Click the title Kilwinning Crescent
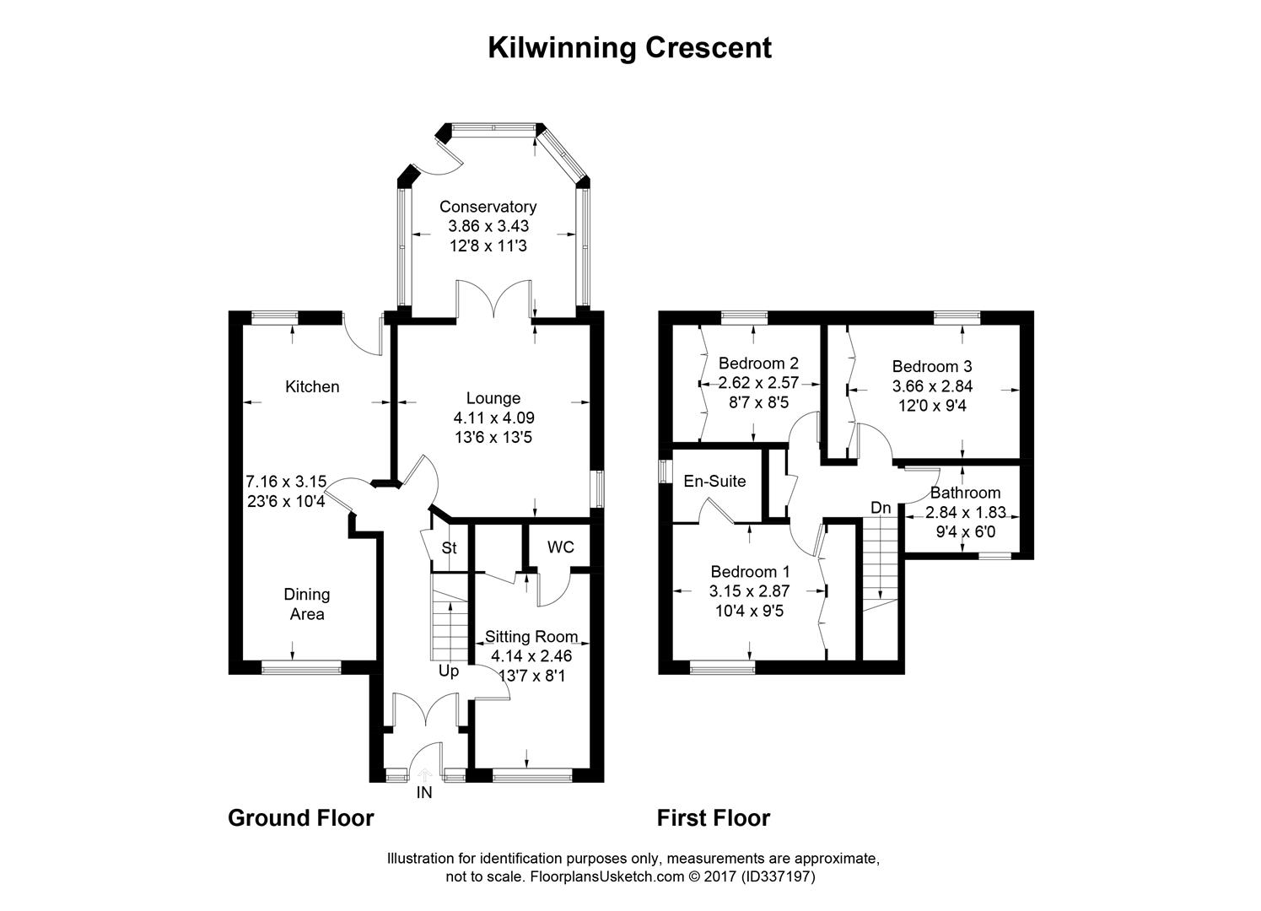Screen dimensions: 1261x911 [x=629, y=48]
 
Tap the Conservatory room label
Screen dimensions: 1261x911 [x=488, y=207]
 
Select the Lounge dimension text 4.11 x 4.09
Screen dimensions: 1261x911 [x=493, y=418]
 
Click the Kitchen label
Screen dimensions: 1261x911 [x=312, y=386]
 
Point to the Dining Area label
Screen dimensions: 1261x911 [x=307, y=604]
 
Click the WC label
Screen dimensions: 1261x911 [x=560, y=547]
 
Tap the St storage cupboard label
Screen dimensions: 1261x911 [x=449, y=548]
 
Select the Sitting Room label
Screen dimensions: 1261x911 [x=531, y=637]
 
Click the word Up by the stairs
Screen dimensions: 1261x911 [x=448, y=671]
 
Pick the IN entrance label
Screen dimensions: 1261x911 [x=424, y=793]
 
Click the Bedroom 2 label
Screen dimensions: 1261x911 [x=758, y=364]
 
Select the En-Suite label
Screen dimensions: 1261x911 [x=714, y=482]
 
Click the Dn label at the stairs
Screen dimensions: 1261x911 [x=881, y=508]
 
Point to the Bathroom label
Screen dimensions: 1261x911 [x=965, y=493]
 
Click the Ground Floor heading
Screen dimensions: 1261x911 [x=300, y=817]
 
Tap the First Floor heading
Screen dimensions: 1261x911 [x=713, y=817]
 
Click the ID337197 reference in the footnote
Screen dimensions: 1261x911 [x=778, y=876]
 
